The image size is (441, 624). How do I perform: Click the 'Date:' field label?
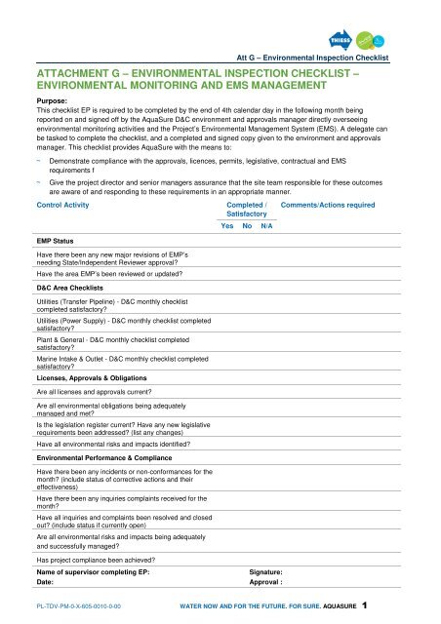[x=46, y=585]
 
